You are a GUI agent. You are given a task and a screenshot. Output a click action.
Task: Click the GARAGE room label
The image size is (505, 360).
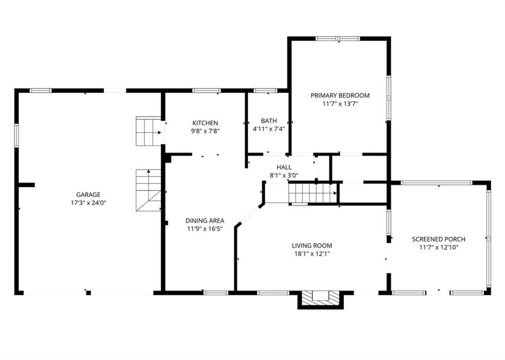tap(88, 194)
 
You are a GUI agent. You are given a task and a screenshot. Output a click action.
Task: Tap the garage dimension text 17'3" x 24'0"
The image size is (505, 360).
tap(88, 203)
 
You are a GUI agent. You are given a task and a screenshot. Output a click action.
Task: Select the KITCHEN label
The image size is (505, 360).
tap(205, 123)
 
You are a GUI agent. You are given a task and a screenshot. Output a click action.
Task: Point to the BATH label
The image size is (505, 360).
tap(269, 121)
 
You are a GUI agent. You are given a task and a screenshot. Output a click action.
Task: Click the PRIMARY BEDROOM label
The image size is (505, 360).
tap(340, 95)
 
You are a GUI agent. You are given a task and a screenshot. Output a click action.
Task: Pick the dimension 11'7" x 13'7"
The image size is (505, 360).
tap(340, 104)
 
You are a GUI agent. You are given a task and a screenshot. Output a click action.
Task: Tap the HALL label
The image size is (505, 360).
tap(284, 167)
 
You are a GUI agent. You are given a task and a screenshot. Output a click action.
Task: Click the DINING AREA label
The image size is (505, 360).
tap(205, 220)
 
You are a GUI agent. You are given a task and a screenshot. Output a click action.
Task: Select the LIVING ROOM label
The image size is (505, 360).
tap(312, 246)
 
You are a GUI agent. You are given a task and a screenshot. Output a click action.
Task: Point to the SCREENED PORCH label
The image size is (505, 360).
tap(438, 239)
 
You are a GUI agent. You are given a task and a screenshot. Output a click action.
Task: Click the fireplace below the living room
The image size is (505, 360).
tap(321, 299)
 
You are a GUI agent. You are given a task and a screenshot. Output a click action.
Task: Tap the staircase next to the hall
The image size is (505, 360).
tap(312, 192)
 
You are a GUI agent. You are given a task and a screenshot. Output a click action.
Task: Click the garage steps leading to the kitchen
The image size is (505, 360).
tap(148, 131)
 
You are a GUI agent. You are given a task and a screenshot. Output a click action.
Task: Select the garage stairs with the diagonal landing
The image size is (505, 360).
tap(148, 190)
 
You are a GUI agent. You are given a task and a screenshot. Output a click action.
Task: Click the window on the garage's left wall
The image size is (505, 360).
tap(16, 135)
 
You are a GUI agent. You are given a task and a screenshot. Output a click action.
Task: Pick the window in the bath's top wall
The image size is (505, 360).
tap(265, 90)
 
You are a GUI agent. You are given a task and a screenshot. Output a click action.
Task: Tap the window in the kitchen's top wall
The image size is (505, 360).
tap(207, 90)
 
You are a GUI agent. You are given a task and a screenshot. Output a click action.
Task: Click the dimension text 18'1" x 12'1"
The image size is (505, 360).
tap(312, 254)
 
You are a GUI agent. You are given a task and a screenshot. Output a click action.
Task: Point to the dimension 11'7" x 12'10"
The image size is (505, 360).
tap(438, 247)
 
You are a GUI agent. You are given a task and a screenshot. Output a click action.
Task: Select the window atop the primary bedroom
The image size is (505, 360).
tap(338, 38)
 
